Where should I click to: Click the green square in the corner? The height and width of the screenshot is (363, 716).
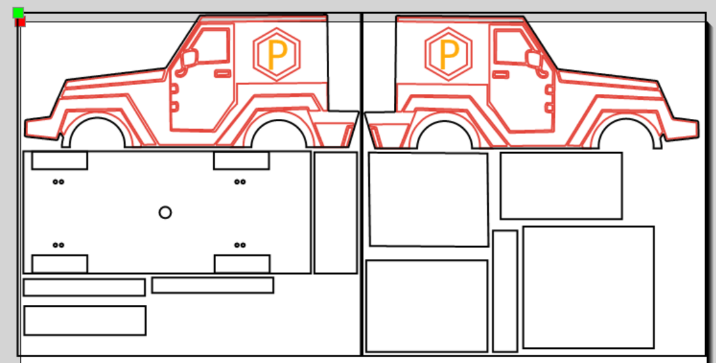18,13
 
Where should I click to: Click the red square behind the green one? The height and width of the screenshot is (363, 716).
20,22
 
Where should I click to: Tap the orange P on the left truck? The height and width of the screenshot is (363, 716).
277,54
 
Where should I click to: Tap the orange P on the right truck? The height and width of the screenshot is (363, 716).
449,54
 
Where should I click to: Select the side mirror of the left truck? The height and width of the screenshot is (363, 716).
189,58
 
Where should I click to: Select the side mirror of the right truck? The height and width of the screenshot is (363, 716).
533,58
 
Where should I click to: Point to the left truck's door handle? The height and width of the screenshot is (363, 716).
223,73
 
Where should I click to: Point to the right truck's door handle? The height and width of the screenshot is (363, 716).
501,74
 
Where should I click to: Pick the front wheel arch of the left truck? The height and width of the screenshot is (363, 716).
97,118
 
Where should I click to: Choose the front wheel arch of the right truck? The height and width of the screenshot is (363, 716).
626,120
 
